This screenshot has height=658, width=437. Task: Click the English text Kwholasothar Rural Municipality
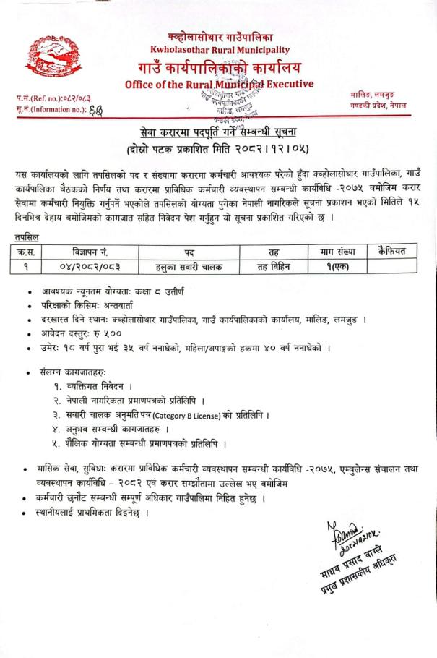click(220, 49)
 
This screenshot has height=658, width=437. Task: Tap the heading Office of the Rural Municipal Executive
click(219, 85)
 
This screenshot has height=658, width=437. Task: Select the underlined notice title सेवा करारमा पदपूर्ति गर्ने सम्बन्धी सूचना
click(218, 132)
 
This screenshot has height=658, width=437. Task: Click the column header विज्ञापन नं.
click(90, 251)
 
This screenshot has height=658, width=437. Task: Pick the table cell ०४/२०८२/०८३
click(90, 265)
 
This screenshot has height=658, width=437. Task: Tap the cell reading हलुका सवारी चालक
click(189, 265)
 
